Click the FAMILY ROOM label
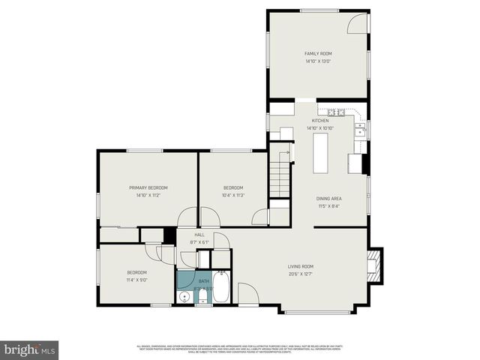coord(318,54)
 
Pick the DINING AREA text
coord(329,198)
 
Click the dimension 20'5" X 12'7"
coord(301,274)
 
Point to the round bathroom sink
coord(185,298)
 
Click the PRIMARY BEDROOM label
coord(148,187)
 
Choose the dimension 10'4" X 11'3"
coord(233,195)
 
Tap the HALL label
coord(199,235)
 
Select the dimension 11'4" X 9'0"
coord(136,280)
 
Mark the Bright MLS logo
coord(30,349)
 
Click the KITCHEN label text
coord(320,121)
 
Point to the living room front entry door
coord(248,293)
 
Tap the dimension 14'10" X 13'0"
coord(318,61)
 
